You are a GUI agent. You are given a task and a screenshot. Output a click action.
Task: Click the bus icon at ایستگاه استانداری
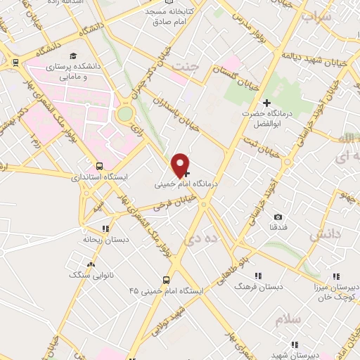click(x=99, y=167)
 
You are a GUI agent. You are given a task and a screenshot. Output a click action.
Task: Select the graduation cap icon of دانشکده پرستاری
click(x=72, y=55)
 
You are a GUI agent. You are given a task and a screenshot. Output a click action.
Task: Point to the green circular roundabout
click(x=125, y=113)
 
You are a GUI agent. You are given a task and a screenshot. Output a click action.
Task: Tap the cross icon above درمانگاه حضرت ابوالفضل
click(x=266, y=103)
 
